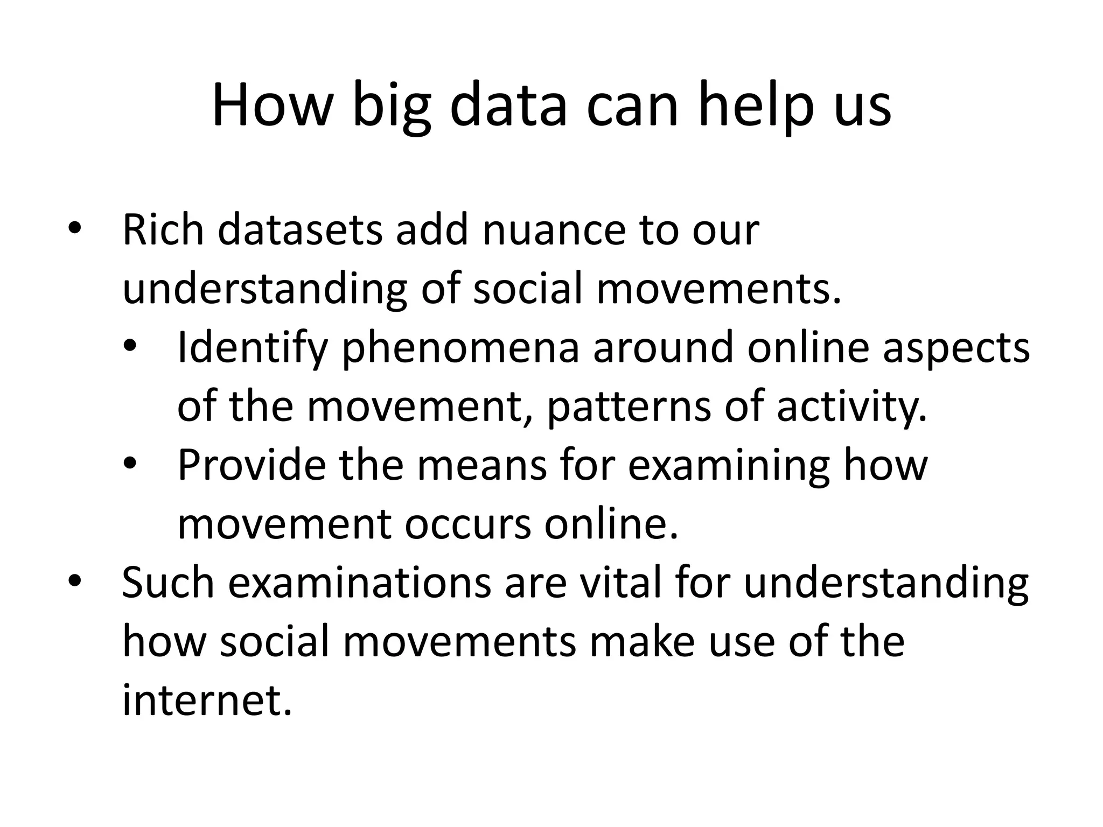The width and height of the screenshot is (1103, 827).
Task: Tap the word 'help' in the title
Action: [x=754, y=106]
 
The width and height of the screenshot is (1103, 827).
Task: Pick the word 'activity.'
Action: [x=852, y=407]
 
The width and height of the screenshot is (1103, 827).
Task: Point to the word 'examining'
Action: [x=728, y=465]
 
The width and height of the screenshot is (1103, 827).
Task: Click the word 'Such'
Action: [x=167, y=584]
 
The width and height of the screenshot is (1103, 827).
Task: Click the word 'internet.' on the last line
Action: [x=207, y=701]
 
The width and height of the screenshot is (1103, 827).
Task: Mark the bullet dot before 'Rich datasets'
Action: [x=74, y=229]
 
